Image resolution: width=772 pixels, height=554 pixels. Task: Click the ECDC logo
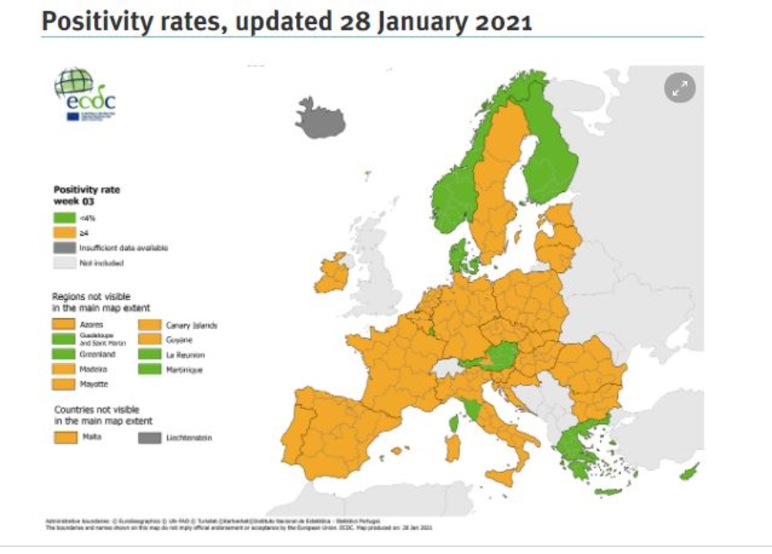85,95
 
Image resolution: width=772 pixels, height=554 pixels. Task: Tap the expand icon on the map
680,87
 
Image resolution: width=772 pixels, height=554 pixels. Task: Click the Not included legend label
101,263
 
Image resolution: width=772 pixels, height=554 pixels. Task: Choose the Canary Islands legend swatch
149,325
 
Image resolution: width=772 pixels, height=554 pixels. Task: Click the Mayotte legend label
94,383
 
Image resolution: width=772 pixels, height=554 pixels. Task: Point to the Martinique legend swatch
149,368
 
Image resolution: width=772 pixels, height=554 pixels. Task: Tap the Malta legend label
89,438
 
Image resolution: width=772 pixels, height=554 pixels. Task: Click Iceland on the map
320,118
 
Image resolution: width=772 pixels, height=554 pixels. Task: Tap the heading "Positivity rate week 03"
86,195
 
